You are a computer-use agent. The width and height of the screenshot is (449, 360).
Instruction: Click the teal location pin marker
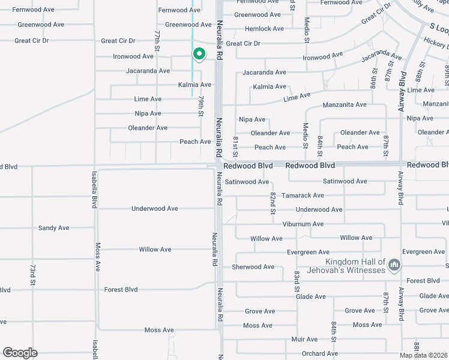click(199, 55)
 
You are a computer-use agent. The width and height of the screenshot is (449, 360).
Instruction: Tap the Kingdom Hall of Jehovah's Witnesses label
click(355, 266)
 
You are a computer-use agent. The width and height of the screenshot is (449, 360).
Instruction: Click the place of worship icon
click(394, 265)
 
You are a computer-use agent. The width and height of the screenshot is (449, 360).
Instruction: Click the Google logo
click(20, 353)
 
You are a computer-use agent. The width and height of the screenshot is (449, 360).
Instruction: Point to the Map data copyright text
click(423, 355)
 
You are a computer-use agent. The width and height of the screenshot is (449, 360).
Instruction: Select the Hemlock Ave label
click(264, 29)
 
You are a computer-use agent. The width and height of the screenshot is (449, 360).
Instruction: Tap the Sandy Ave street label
click(53, 228)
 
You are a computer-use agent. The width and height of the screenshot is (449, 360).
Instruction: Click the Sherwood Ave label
click(253, 267)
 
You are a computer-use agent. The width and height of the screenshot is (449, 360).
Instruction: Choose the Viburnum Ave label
click(303, 224)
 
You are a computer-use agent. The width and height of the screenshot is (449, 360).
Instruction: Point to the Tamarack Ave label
click(303, 196)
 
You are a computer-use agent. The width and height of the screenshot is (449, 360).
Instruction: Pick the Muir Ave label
click(304, 340)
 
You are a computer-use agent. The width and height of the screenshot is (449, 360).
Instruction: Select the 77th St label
click(157, 40)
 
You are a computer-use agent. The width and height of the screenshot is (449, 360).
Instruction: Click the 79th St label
click(201, 105)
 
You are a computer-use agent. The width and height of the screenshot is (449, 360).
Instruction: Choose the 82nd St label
click(273, 203)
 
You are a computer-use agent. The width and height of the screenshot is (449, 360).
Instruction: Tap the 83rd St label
click(297, 281)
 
